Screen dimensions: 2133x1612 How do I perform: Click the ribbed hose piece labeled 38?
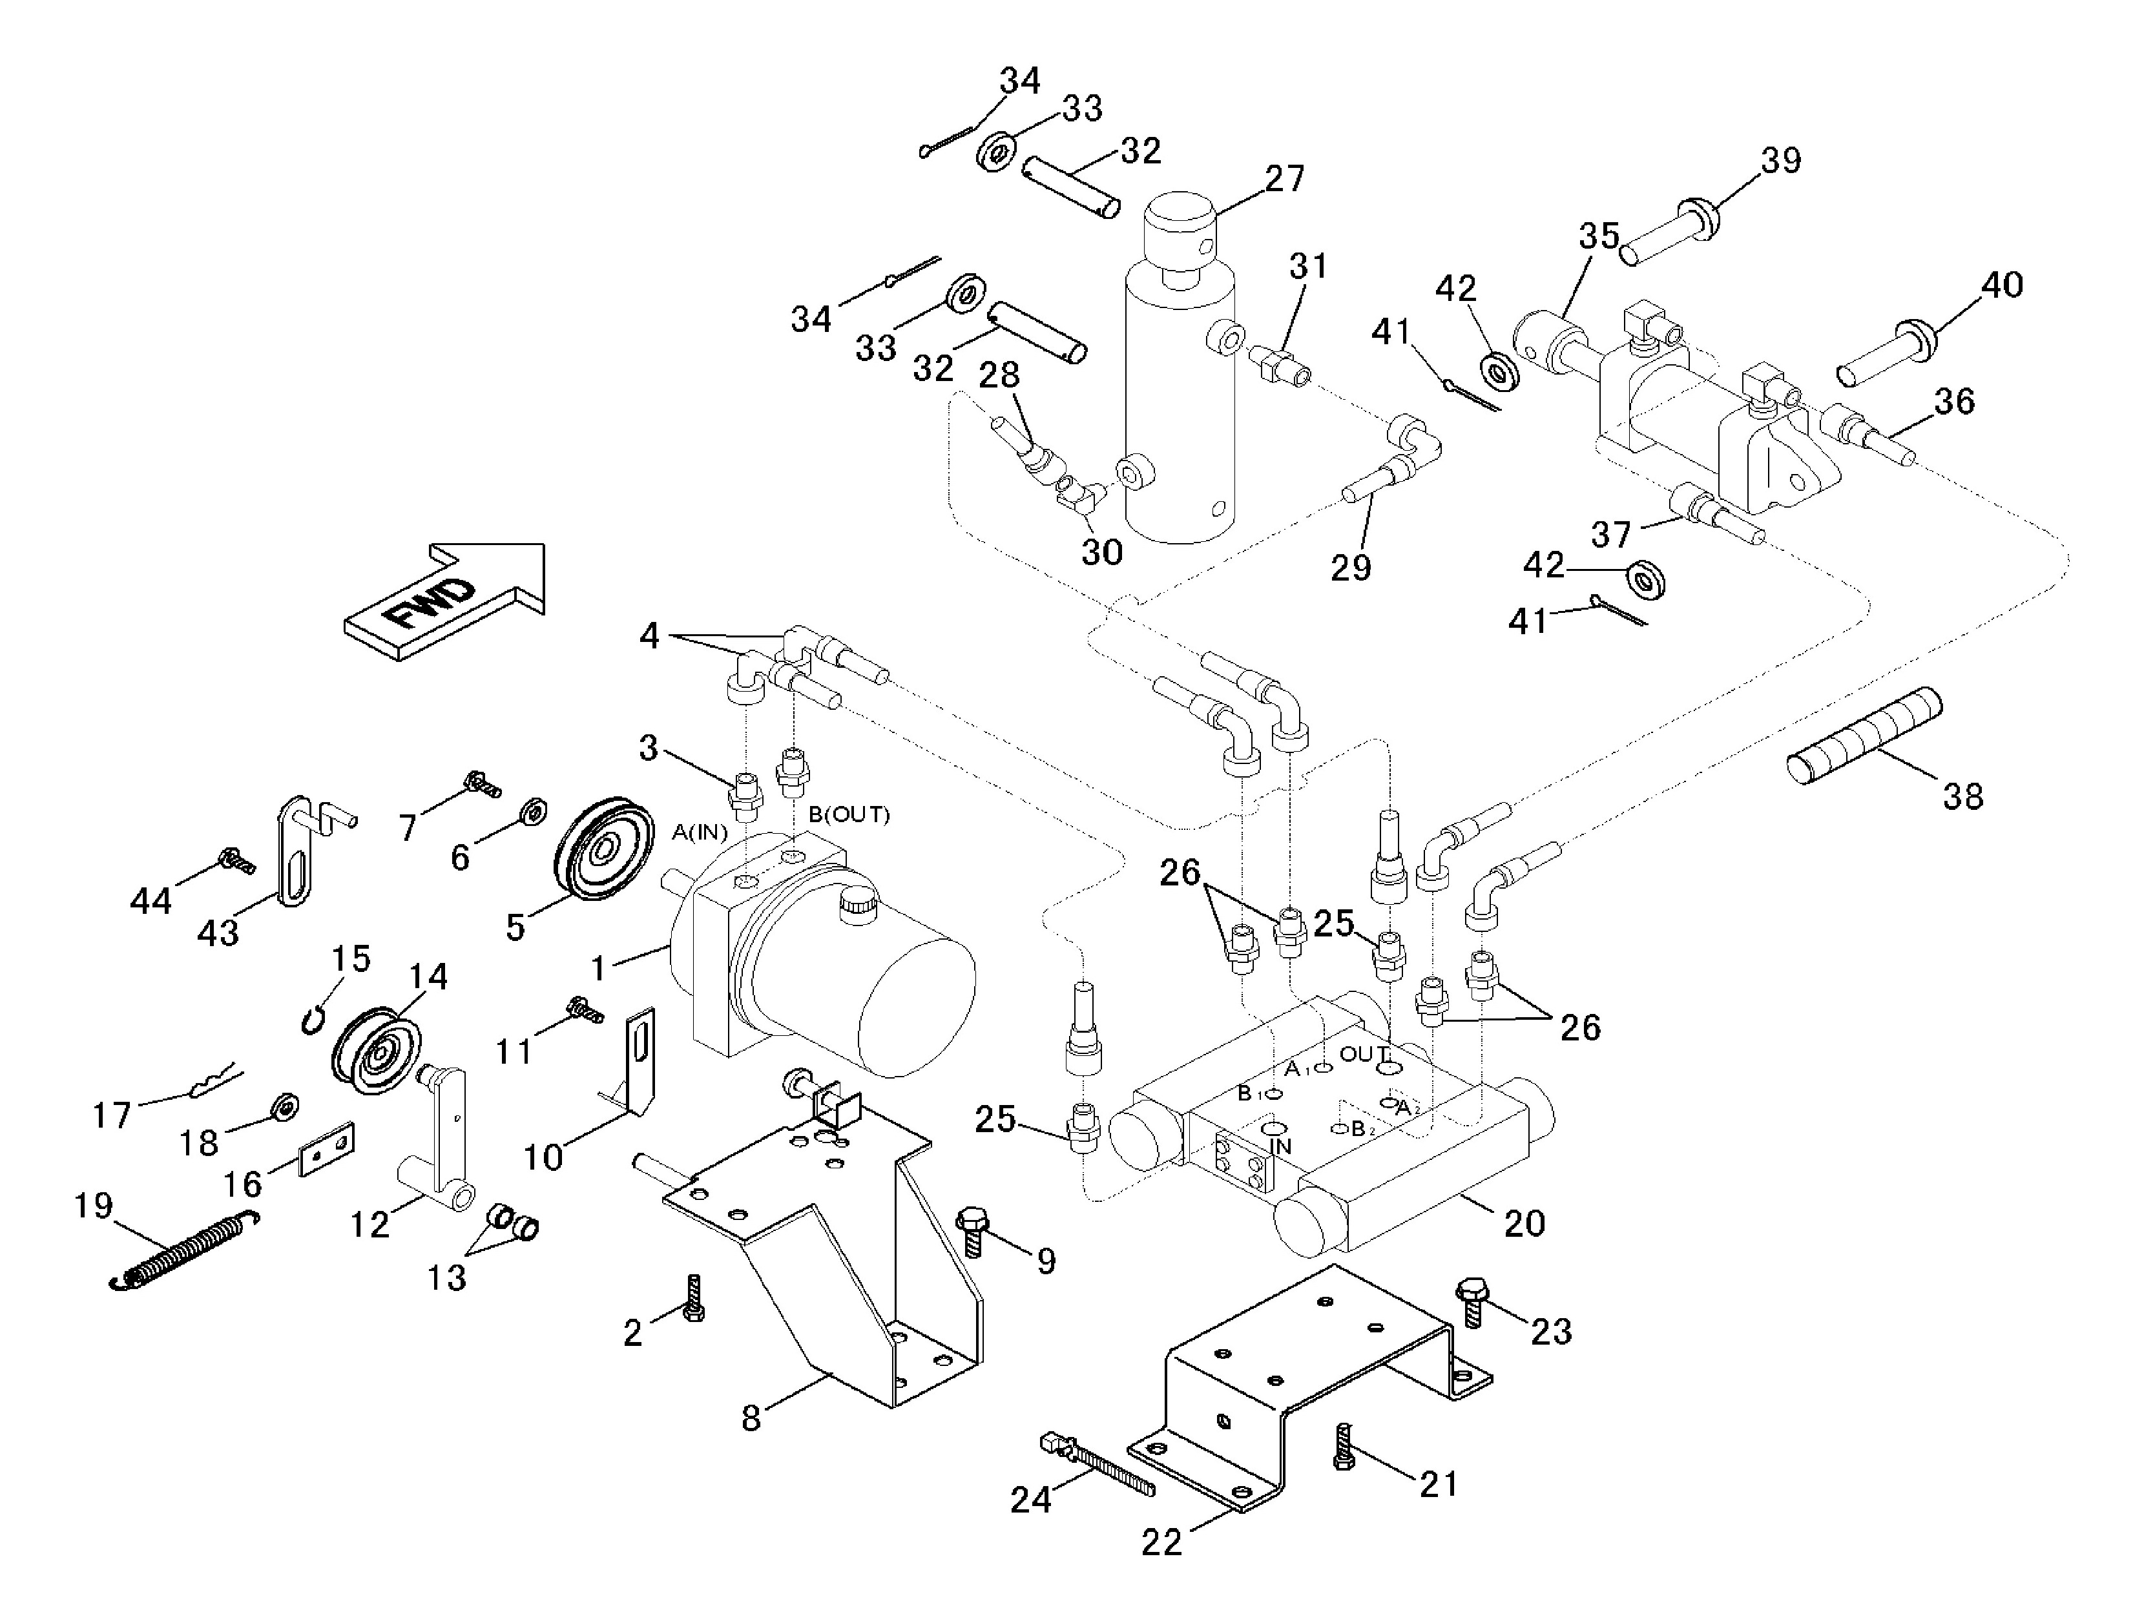(1864, 730)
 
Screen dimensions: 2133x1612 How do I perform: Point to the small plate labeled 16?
(328, 1149)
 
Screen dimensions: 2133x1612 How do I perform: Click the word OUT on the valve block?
(1364, 1054)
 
